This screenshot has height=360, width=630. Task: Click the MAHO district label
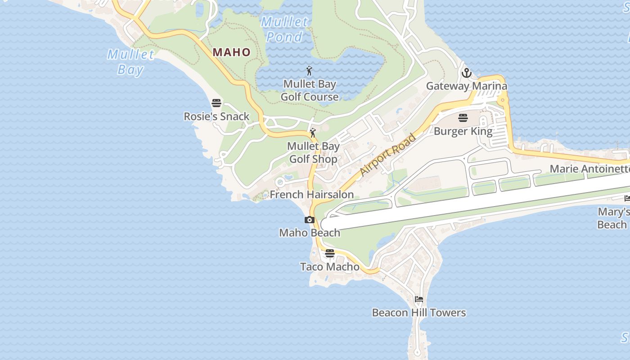[231, 52]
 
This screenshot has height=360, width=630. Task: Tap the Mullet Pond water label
[285, 29]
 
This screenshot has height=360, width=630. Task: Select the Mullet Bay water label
[130, 62]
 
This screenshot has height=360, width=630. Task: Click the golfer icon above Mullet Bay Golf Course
[309, 71]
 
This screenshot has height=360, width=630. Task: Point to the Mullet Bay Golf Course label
[310, 90]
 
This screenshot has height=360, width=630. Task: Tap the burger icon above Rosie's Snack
[216, 103]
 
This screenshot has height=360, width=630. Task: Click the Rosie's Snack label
[216, 117]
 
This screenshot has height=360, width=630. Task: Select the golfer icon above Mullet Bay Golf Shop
[313, 133]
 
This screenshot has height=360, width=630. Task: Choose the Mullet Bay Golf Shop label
[313, 153]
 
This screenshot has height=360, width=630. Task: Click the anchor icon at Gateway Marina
[467, 72]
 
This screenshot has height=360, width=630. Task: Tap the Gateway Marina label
[467, 86]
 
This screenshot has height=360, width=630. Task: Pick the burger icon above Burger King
[463, 118]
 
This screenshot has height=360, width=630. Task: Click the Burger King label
[463, 131]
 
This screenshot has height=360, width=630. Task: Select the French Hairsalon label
[311, 194]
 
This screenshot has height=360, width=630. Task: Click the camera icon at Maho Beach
[310, 220]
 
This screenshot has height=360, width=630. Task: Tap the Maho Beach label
[310, 233]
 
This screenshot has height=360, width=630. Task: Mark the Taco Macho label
[330, 267]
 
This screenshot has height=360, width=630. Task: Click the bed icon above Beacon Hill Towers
[419, 299]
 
